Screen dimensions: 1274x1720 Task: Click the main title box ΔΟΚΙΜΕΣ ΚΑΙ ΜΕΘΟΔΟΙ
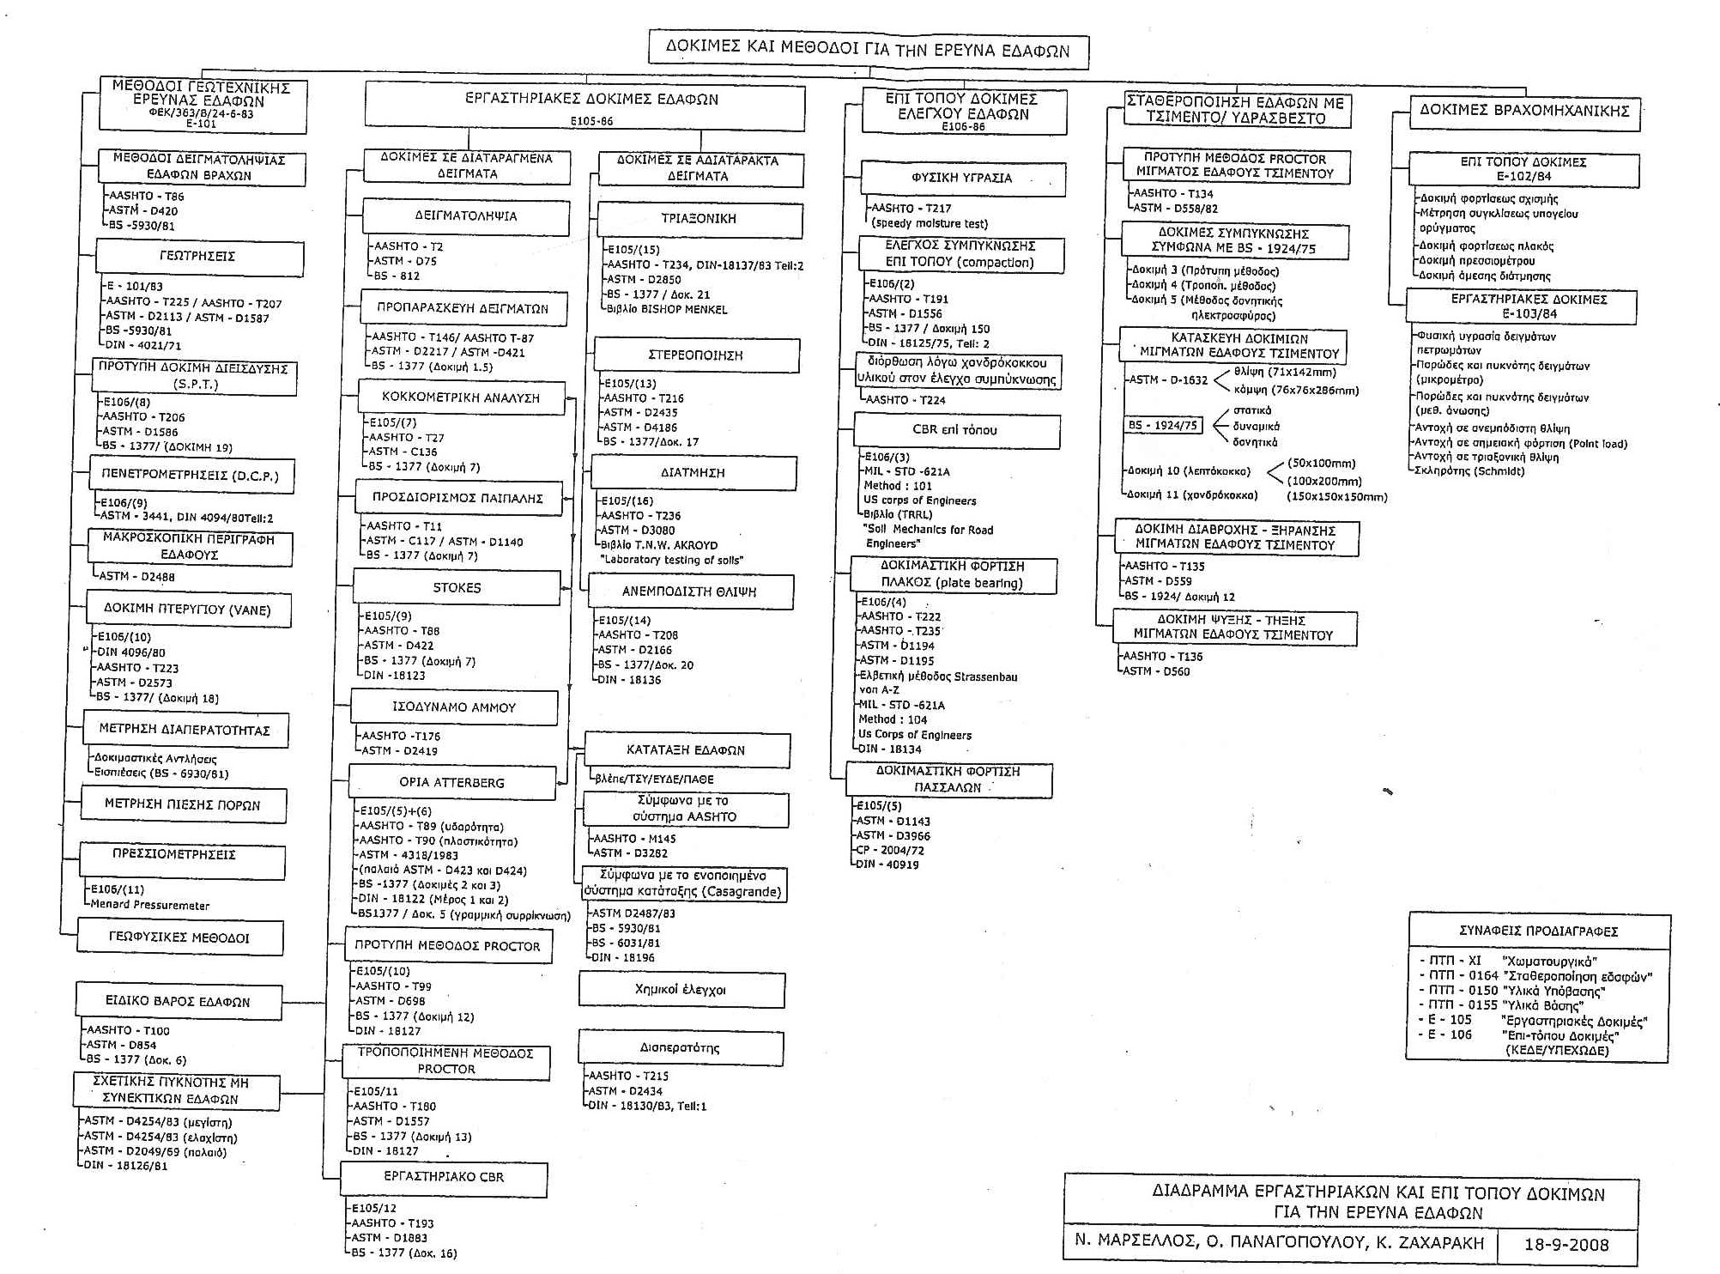[868, 50]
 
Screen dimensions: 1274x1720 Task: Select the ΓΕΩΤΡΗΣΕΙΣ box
[198, 257]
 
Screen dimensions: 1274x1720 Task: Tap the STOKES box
[457, 588]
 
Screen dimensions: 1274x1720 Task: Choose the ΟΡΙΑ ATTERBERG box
[452, 782]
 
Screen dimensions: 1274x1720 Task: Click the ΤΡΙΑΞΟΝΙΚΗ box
[699, 219]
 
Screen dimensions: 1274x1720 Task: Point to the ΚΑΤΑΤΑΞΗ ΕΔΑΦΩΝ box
[686, 749]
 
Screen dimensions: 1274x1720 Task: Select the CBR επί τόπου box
[955, 430]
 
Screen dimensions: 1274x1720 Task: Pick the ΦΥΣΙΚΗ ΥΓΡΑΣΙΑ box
[962, 178]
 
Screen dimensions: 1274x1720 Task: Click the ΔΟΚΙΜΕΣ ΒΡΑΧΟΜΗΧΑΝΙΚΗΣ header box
[1523, 111]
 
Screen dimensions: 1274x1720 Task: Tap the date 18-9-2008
[1566, 1244]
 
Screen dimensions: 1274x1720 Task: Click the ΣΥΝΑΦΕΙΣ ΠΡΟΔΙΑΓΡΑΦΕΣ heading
[1538, 931]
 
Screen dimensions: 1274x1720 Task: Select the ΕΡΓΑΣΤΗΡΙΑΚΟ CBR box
[444, 1177]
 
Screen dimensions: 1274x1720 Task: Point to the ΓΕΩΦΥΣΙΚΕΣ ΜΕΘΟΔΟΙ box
[179, 937]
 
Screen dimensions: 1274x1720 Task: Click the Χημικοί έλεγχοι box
[681, 989]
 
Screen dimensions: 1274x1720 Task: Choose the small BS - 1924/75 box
[1163, 425]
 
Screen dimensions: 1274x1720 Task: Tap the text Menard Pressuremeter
[150, 905]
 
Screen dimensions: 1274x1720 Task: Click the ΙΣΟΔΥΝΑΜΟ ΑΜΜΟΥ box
[453, 707]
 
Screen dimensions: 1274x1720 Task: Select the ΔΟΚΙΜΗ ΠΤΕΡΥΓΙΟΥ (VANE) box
[187, 610]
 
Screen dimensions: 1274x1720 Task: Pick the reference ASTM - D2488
[137, 576]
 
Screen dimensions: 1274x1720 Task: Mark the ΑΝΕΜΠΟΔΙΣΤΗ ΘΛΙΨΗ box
[689, 591]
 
